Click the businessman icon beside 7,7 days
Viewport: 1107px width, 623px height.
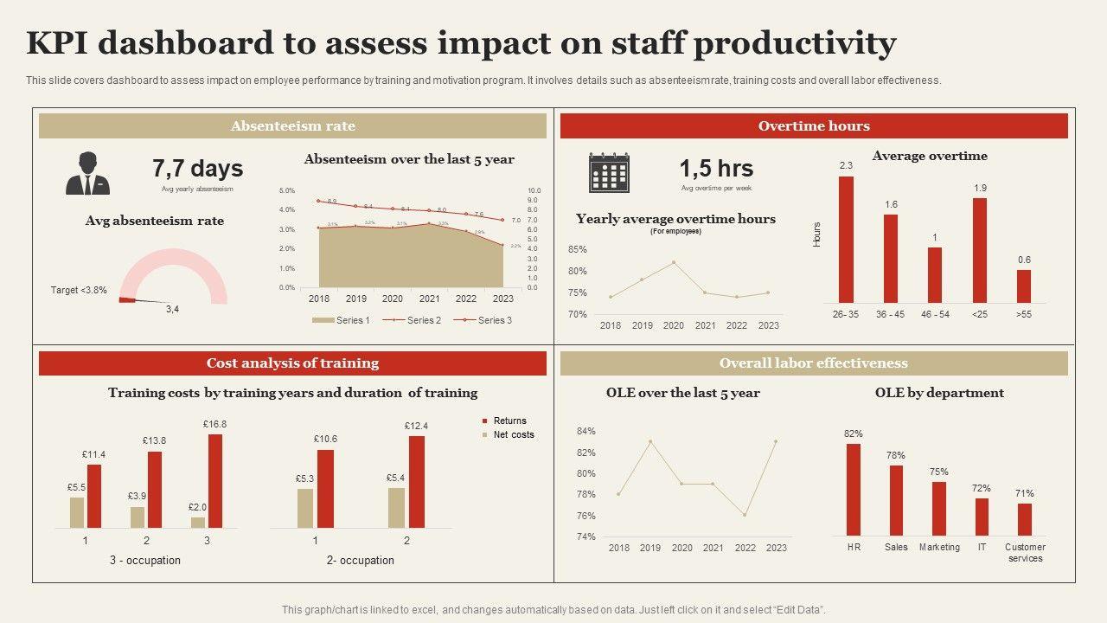pos(87,174)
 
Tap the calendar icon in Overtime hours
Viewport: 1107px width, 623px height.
pos(609,172)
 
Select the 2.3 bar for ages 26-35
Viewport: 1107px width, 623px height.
pos(846,240)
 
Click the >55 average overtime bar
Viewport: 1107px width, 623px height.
pos(1024,286)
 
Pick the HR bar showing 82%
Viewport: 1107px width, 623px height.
pos(854,489)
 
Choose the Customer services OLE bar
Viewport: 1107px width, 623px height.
pos(1025,519)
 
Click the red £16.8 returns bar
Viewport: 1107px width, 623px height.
pos(215,480)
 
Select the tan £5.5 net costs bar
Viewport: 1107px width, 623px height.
pos(77,512)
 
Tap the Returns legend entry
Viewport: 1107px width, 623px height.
pos(509,421)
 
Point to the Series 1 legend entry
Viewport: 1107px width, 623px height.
pos(341,320)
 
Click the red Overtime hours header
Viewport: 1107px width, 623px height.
pos(814,126)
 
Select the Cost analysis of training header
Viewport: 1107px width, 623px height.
pos(292,363)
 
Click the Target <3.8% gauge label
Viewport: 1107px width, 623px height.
pos(79,291)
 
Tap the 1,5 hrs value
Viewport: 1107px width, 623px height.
pos(716,169)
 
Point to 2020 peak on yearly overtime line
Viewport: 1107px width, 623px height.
pos(674,262)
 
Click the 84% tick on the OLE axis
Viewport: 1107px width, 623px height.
pos(585,432)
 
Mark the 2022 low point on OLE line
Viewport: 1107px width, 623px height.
pos(745,516)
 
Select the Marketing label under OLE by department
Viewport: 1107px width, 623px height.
pos(939,548)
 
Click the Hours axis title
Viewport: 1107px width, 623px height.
pos(817,234)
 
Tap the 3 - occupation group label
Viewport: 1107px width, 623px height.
pos(145,561)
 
